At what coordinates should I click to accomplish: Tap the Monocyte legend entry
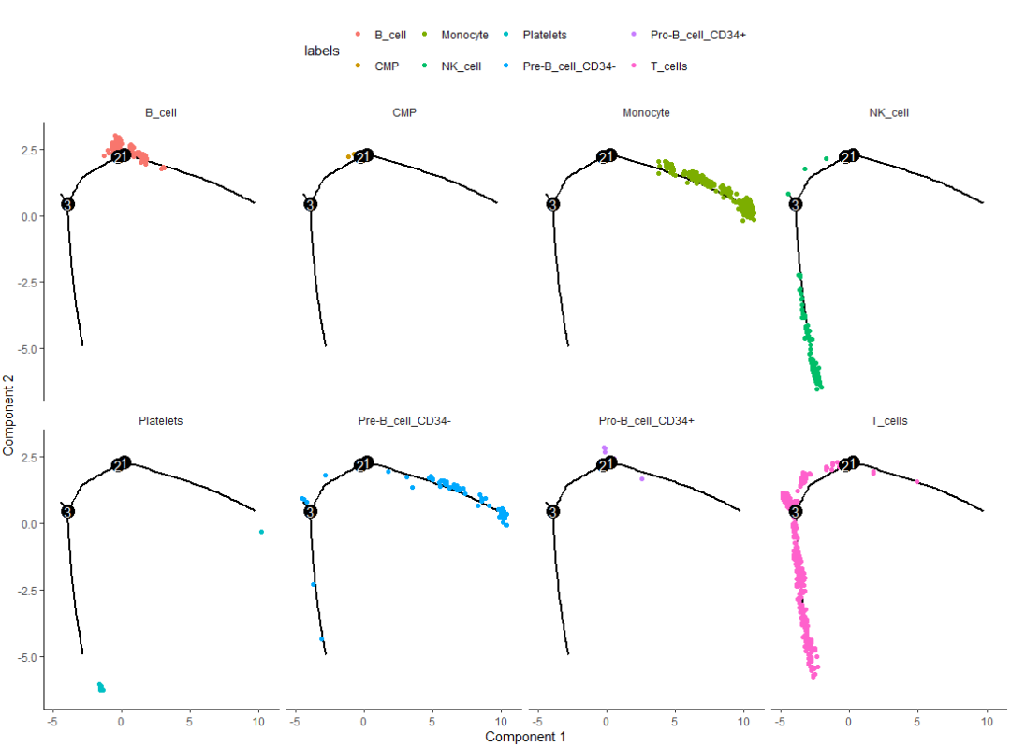(x=463, y=35)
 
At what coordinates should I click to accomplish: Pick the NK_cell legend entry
(x=461, y=66)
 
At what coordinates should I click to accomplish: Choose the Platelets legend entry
(x=544, y=35)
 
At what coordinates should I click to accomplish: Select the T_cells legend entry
(x=668, y=66)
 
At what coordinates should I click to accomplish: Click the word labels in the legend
(x=322, y=51)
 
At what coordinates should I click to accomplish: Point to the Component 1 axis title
(x=525, y=737)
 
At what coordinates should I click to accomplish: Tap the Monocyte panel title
(x=646, y=113)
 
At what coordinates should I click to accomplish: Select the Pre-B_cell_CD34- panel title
(x=404, y=421)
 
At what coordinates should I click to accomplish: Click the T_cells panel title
(x=888, y=421)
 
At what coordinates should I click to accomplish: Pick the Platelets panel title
(x=161, y=421)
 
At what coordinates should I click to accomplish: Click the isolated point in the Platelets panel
(x=261, y=532)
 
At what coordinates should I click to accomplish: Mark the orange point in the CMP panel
(x=349, y=156)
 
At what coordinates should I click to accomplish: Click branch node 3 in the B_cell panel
(x=67, y=204)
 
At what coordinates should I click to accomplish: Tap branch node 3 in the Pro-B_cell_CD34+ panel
(x=552, y=511)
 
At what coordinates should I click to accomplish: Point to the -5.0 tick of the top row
(x=26, y=348)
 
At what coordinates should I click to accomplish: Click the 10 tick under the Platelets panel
(x=258, y=722)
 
